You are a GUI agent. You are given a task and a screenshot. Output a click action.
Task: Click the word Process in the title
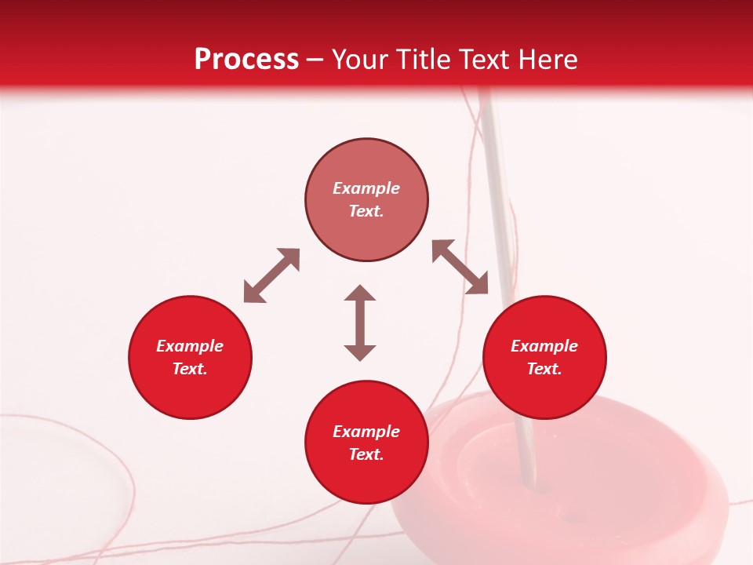coord(246,60)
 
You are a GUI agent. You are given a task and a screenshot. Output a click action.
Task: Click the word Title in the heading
coord(424,60)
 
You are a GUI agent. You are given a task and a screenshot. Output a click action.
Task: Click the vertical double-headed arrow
coord(360,323)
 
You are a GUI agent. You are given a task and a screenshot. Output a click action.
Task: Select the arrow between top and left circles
coord(271,275)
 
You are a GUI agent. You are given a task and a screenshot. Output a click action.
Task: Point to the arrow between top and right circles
coord(460,267)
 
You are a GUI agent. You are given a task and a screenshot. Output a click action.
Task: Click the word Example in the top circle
coord(366,188)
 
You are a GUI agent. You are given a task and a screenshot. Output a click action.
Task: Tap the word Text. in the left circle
coord(190,369)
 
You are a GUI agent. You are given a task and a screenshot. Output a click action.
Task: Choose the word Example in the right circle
coord(544,346)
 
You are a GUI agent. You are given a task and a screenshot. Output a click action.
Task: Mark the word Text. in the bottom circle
coord(366,454)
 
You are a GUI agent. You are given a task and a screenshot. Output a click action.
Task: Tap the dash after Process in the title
coord(315,60)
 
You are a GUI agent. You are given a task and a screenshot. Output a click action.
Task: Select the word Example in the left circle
coord(190,346)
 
